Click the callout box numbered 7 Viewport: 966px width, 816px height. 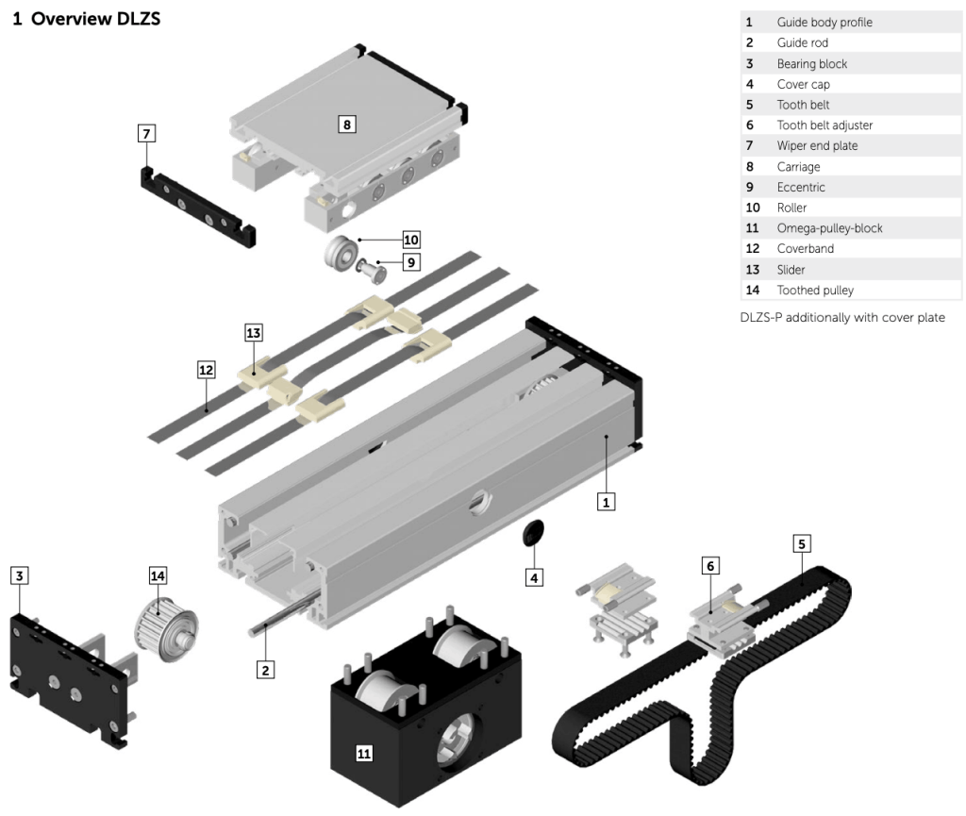pyautogui.click(x=146, y=133)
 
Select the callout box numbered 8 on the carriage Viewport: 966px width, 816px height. pyautogui.click(x=348, y=123)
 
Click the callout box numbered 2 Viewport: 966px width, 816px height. pyautogui.click(x=267, y=669)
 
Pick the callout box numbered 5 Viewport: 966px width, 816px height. pyautogui.click(x=802, y=543)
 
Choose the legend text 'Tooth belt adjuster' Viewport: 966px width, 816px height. pyautogui.click(x=824, y=125)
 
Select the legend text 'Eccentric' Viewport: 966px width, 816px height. pyautogui.click(x=801, y=187)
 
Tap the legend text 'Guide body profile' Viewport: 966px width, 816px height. pyautogui.click(x=824, y=21)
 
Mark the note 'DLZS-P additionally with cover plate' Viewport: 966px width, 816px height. pyautogui.click(x=842, y=317)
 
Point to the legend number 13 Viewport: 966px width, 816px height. pyautogui.click(x=752, y=270)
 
